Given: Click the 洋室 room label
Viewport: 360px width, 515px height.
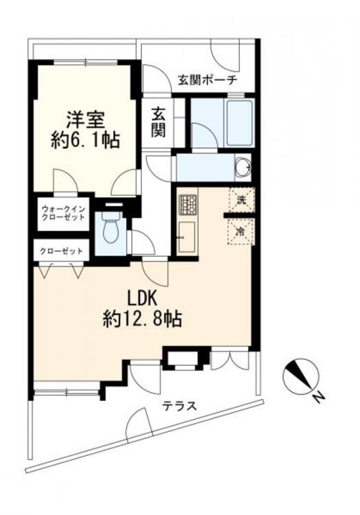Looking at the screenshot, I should (x=85, y=117).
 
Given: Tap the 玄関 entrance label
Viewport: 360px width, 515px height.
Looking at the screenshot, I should (x=159, y=121).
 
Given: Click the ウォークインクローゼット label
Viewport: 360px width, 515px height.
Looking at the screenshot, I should (x=63, y=213).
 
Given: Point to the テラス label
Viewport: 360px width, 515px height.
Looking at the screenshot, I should (x=180, y=405).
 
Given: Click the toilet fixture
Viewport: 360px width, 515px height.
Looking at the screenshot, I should (x=110, y=227).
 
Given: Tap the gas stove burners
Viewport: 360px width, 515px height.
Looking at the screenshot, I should (x=188, y=204).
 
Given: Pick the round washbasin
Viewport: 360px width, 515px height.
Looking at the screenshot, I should (x=242, y=167).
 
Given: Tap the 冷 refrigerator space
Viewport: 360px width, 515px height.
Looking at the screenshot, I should (x=242, y=231).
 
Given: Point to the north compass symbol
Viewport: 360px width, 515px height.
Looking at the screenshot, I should (x=300, y=376).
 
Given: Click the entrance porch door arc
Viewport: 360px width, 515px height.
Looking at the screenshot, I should (x=223, y=56).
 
